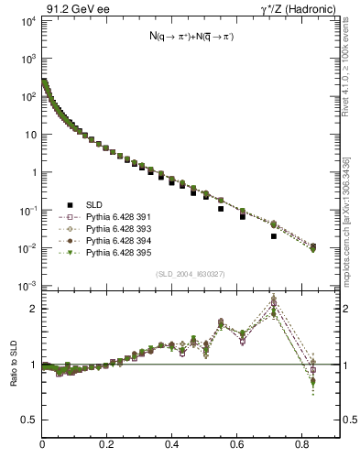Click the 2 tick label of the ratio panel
(x=35, y=309)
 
